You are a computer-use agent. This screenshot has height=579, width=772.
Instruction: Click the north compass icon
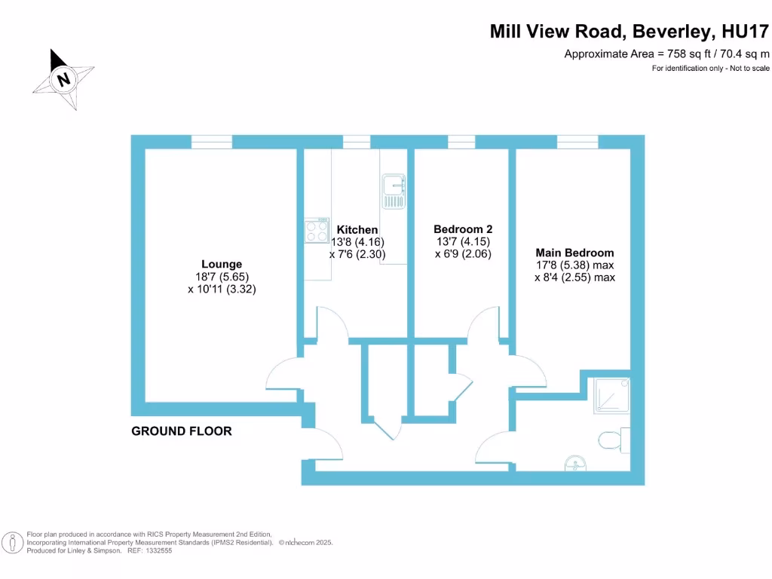[x=63, y=78]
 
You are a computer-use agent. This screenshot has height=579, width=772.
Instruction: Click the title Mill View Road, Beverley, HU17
[x=630, y=32]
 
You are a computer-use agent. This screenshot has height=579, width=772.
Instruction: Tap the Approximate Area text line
[x=666, y=54]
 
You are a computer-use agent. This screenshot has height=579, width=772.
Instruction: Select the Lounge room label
[x=222, y=264]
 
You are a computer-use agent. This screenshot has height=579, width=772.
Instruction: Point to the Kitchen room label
[x=357, y=230]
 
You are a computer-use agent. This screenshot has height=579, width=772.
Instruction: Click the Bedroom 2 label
[x=463, y=229]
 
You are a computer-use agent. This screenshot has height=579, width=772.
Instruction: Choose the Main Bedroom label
[x=574, y=253]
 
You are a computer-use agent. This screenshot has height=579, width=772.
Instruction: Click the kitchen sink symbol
[x=394, y=191]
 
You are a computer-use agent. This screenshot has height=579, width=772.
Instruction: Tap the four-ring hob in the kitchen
[x=317, y=230]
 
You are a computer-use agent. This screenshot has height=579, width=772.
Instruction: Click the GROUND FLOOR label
[x=182, y=431]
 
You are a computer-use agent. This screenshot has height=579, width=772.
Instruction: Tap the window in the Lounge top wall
[x=211, y=142]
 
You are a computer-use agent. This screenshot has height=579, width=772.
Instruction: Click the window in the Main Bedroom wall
[x=577, y=142]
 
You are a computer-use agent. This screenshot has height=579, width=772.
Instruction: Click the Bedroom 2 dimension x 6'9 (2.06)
[x=463, y=254]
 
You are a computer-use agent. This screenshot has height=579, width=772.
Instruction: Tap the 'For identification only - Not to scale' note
[x=710, y=69]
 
